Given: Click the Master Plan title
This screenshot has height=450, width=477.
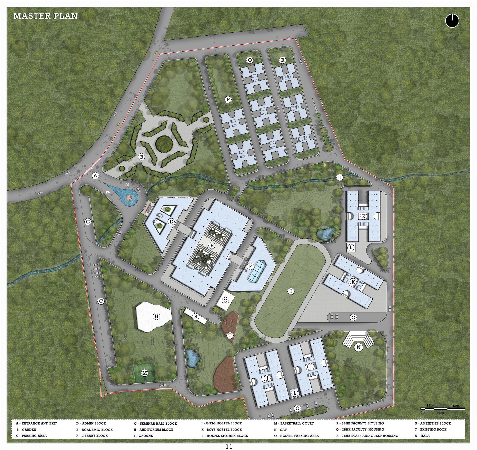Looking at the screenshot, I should click(x=45, y=16).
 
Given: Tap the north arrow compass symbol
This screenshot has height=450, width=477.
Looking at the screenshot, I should click(x=452, y=21).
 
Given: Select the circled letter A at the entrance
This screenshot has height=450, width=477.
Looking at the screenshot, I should click(x=95, y=175).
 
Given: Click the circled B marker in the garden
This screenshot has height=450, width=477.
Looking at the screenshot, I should click(x=141, y=157).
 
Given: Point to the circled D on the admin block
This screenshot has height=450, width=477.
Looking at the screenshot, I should click(x=171, y=222).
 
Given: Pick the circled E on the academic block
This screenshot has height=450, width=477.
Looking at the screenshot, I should click(x=212, y=246).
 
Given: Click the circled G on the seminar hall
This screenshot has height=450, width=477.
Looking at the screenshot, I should click(x=225, y=301).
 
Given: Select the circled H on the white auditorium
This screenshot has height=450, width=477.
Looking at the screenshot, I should click(x=156, y=317).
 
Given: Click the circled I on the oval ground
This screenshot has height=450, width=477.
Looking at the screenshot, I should click(x=291, y=291).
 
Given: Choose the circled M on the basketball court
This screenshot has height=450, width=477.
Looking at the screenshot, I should click(x=145, y=373).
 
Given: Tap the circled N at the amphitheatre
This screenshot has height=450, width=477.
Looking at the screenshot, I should click(x=359, y=347).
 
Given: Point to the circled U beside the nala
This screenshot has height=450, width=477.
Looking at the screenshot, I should click(x=340, y=178).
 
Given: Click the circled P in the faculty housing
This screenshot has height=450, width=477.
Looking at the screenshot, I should click(x=227, y=99).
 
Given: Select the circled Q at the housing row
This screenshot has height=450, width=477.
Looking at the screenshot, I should click(x=250, y=60).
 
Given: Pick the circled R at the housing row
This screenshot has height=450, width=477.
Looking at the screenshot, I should click(x=282, y=60).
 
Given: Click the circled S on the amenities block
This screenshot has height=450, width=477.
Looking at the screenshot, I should click(x=196, y=317).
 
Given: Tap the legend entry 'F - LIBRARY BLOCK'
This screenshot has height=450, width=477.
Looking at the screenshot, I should click(x=92, y=436).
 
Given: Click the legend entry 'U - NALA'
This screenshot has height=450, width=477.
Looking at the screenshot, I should click(x=422, y=436).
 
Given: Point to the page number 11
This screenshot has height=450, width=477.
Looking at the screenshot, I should click(x=229, y=447).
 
